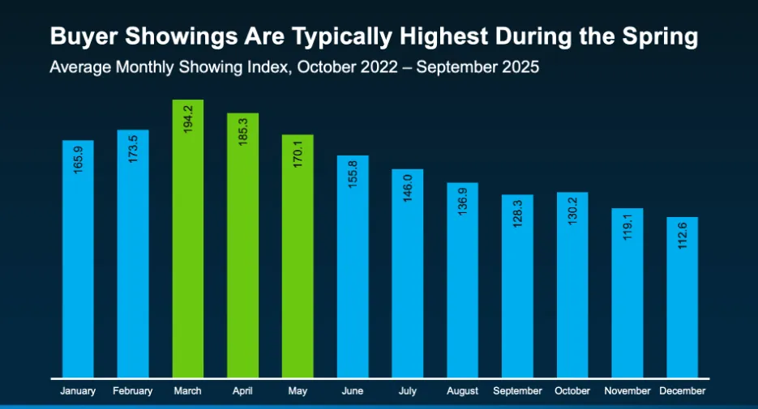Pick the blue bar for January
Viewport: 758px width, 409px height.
click(78, 259)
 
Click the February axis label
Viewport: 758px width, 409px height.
click(133, 391)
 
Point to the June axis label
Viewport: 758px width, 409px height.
click(353, 391)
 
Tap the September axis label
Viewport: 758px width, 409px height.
click(517, 391)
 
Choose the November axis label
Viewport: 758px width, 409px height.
click(627, 391)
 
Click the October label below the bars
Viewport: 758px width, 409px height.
click(572, 391)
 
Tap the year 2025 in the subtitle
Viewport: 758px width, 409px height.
click(520, 66)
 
